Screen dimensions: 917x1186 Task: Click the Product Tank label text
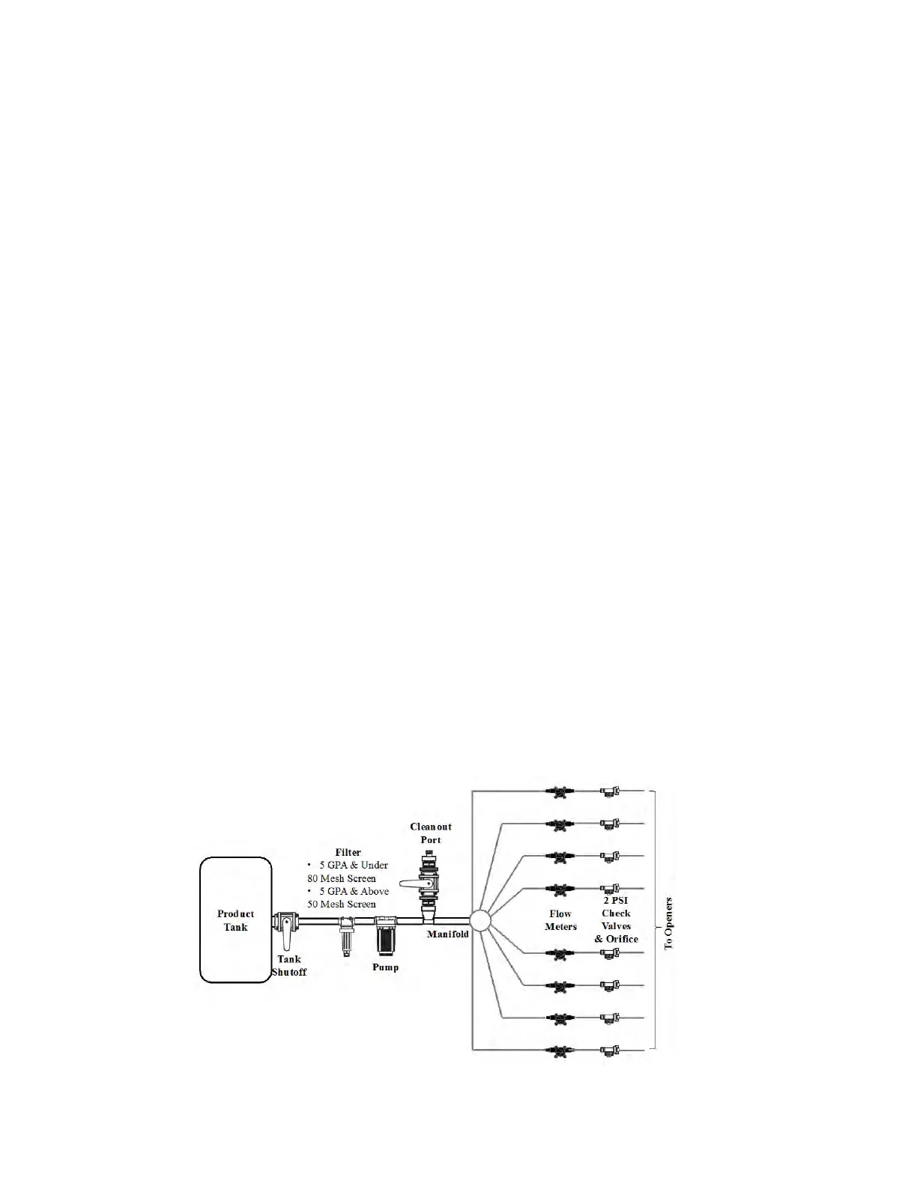click(x=235, y=920)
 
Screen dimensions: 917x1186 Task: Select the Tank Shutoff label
click(x=289, y=966)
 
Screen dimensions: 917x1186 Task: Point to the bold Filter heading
click(x=348, y=852)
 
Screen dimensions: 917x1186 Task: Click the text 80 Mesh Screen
click(x=342, y=878)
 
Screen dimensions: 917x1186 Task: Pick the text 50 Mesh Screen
click(x=342, y=904)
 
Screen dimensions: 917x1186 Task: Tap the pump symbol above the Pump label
click(x=385, y=936)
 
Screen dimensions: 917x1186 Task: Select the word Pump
click(x=385, y=967)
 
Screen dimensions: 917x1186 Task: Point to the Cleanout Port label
click(x=431, y=833)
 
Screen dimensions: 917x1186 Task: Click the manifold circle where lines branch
click(x=479, y=920)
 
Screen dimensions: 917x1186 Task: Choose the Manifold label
click(x=448, y=934)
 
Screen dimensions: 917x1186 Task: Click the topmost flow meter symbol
click(x=559, y=791)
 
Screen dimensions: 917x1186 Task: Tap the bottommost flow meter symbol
click(x=559, y=1050)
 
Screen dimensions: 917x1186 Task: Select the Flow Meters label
click(x=560, y=920)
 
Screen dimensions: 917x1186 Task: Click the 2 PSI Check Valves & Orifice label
click(x=616, y=920)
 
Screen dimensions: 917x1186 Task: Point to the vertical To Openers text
click(x=669, y=922)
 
